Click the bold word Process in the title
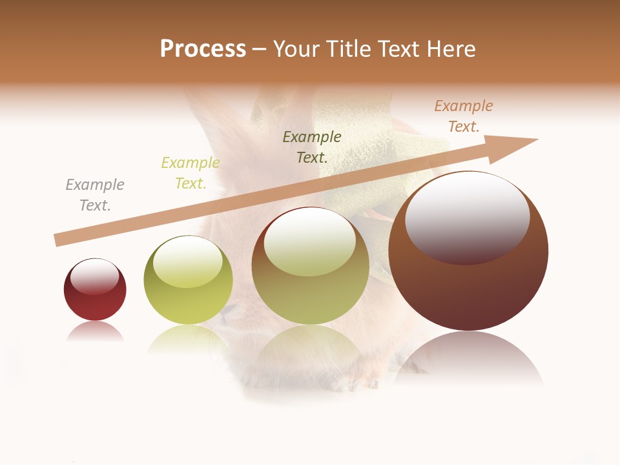(x=203, y=49)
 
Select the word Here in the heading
(x=451, y=49)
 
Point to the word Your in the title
(x=297, y=49)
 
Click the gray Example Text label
(x=95, y=195)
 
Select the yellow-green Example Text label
(x=191, y=173)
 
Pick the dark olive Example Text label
(x=312, y=147)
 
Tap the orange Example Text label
(x=464, y=116)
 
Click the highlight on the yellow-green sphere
(x=187, y=262)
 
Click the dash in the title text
(x=260, y=49)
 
